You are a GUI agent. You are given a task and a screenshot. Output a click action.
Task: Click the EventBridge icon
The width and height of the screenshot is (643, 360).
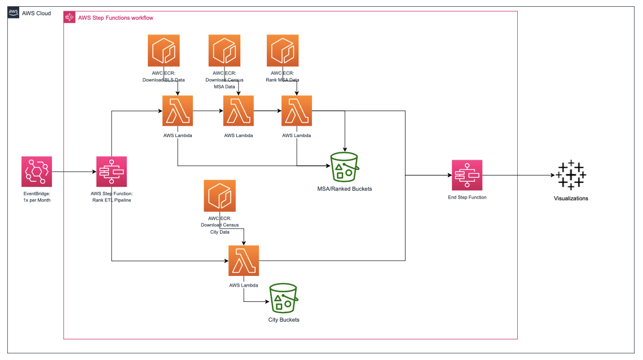pyautogui.click(x=37, y=172)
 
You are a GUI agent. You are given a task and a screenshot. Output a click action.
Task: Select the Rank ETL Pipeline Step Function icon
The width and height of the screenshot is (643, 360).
pyautogui.click(x=112, y=172)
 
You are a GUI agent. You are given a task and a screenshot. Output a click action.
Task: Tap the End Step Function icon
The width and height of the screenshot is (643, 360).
pyautogui.click(x=467, y=175)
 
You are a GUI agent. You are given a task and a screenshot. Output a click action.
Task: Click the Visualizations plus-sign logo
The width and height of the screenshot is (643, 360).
pyautogui.click(x=571, y=175)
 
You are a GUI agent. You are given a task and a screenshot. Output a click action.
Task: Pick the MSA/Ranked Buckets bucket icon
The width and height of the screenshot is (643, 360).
pyautogui.click(x=345, y=168)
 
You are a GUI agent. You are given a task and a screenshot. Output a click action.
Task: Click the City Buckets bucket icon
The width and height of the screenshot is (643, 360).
pyautogui.click(x=284, y=298)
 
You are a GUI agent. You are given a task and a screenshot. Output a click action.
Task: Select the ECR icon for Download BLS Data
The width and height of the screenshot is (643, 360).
pyautogui.click(x=164, y=50)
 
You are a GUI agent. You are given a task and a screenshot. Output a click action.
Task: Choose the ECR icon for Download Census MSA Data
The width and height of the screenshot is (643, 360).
pyautogui.click(x=224, y=50)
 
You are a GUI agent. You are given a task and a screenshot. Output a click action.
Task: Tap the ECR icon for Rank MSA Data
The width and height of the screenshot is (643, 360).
pyautogui.click(x=283, y=50)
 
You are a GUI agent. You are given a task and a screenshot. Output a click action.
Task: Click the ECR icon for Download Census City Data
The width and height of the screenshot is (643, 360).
pyautogui.click(x=220, y=195)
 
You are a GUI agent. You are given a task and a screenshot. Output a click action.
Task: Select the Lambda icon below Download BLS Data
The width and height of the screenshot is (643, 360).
pyautogui.click(x=178, y=111)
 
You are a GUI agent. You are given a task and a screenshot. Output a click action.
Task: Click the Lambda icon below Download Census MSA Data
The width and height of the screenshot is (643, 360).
pyautogui.click(x=239, y=111)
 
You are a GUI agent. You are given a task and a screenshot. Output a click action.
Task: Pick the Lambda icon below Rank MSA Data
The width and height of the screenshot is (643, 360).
pyautogui.click(x=297, y=111)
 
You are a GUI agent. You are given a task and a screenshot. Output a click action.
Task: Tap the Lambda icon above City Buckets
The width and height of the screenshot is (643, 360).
pyautogui.click(x=244, y=261)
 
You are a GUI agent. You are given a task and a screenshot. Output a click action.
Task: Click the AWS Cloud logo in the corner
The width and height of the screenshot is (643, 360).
pyautogui.click(x=14, y=13)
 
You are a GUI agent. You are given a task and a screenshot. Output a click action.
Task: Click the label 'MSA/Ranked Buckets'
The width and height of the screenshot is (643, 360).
pyautogui.click(x=345, y=188)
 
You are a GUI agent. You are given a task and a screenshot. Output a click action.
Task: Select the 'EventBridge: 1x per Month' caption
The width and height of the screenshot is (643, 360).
pyautogui.click(x=37, y=197)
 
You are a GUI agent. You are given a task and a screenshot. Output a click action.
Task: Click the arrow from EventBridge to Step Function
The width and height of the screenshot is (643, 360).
pyautogui.click(x=74, y=172)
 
